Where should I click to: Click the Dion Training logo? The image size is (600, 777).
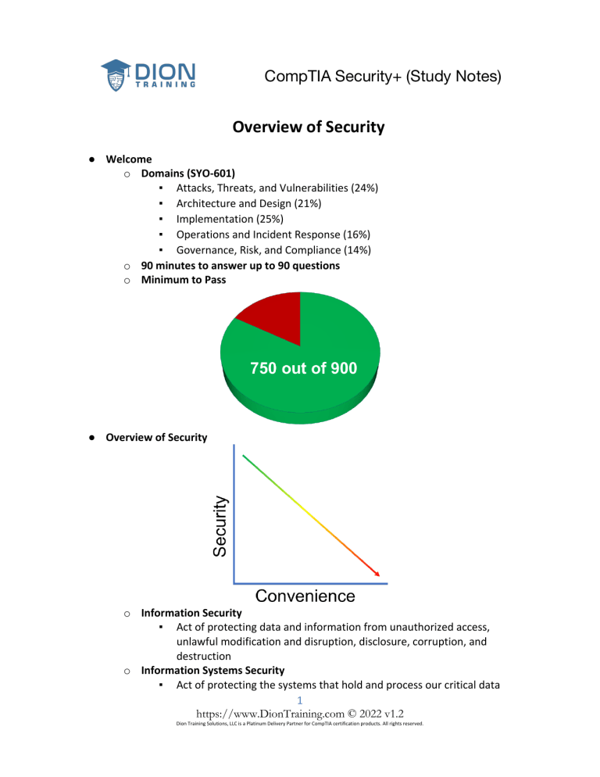tap(148, 75)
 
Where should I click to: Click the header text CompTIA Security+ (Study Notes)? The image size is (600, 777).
tap(383, 77)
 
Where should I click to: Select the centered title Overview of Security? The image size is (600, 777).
tap(308, 127)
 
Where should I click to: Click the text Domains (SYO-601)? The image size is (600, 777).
tap(187, 173)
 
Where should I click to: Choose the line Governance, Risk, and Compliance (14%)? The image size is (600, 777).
tap(273, 250)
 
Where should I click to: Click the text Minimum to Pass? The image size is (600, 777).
tap(184, 280)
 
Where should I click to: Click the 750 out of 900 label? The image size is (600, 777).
tap(304, 368)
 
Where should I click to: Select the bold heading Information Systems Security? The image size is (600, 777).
tap(212, 670)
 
